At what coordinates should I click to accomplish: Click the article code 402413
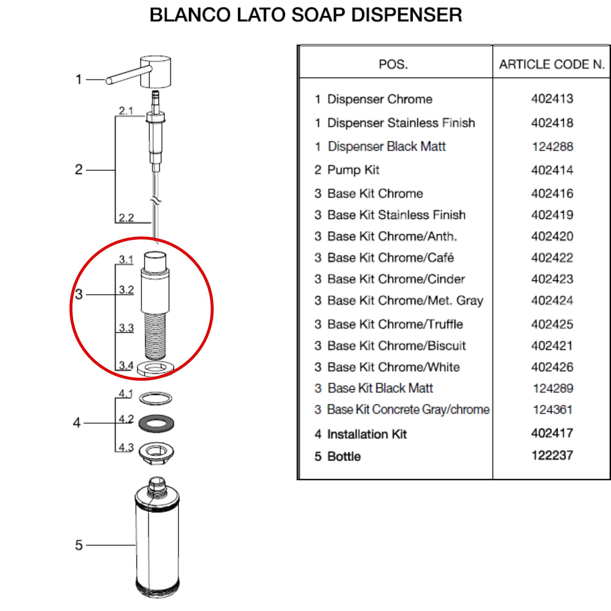552,99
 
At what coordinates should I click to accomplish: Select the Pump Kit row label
347,170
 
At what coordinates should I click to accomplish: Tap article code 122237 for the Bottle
552,456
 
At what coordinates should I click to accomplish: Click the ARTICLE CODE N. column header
552,64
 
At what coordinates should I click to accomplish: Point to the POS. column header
393,64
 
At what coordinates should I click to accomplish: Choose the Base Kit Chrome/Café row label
384,258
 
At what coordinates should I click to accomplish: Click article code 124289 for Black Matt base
553,388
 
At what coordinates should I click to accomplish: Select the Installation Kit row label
361,434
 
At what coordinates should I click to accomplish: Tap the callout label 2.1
126,111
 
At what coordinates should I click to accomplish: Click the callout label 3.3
126,328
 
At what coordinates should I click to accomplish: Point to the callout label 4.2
126,419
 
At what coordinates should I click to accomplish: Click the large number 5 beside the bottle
79,545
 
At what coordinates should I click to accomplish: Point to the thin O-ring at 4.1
156,398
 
